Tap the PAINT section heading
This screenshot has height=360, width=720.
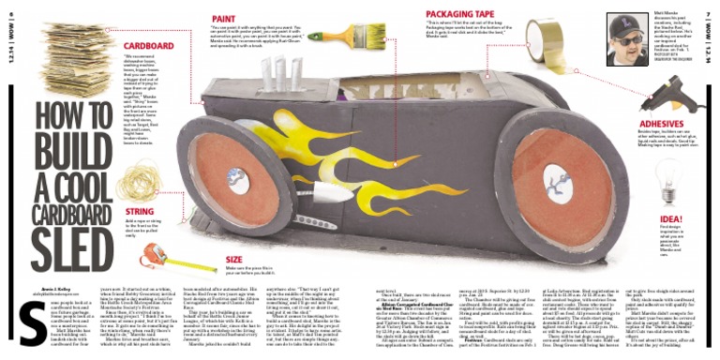pos(223,17)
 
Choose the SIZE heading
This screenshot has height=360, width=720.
pos(233,258)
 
